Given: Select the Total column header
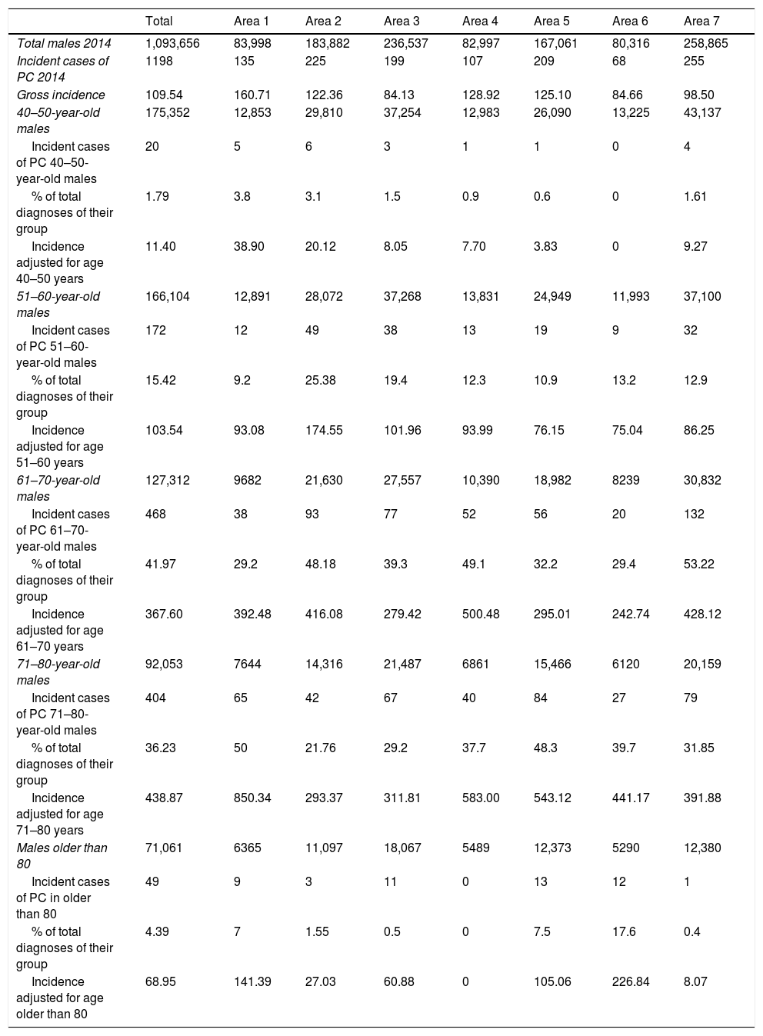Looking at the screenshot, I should click(159, 21).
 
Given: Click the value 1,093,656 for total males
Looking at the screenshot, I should click(172, 44).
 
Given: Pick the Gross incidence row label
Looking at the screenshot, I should click(61, 95).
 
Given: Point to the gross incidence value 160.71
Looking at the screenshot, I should click(252, 95).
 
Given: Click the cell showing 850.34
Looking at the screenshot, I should click(252, 798).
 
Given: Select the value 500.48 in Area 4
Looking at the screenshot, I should click(481, 614).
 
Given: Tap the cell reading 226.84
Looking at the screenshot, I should click(631, 981).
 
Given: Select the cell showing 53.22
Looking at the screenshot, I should click(698, 564).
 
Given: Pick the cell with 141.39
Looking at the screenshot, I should click(252, 981).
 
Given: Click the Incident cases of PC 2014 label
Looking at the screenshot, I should click(62, 68).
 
